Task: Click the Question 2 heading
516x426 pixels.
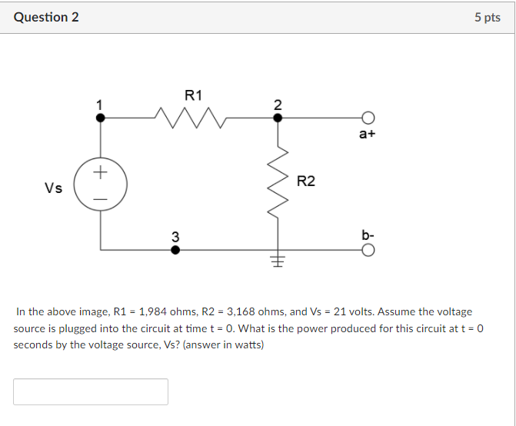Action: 46,17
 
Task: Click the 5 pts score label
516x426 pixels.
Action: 487,17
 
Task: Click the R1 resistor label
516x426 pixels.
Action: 193,95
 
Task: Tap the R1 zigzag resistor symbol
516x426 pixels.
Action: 190,118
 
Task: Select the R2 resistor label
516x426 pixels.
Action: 305,181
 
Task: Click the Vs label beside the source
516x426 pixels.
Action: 53,188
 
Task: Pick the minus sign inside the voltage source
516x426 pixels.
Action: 99,198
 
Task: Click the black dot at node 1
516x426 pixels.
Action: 99,118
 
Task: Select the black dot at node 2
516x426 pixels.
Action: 278,118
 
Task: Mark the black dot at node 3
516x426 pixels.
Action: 175,250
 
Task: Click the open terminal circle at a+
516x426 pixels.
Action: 368,118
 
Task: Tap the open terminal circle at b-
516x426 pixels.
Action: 368,250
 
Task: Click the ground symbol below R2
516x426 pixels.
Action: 278,261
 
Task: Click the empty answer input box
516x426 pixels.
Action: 91,391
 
